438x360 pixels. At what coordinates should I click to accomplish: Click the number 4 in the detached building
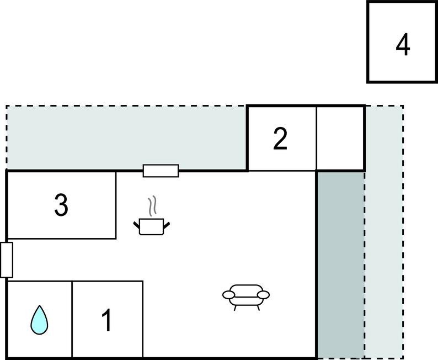pos(403,44)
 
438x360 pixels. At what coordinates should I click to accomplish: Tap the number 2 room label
pos(280,139)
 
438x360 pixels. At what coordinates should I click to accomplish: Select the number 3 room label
pos(61,205)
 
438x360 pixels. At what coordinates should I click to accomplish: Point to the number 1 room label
pos(107,320)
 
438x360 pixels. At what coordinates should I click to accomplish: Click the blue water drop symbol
pos(39,320)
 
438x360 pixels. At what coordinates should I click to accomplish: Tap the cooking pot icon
pos(151,226)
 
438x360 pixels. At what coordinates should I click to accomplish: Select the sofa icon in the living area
pos(246,297)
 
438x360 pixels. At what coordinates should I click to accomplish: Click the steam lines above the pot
pos(152,206)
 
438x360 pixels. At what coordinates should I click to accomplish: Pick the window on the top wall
pos(161,171)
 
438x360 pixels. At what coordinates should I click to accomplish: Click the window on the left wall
pos(7,260)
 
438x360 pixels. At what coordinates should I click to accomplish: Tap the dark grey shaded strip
pos(341,264)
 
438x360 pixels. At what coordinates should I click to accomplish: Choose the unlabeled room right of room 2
pos(340,139)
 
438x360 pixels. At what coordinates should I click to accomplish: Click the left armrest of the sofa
pos(229,295)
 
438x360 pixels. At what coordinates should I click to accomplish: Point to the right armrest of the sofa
pos(263,295)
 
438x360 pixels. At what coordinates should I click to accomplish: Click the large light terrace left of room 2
pos(126,137)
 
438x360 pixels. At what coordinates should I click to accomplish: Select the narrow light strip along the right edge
pos(384,232)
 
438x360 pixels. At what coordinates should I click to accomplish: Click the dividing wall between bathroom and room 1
pos(72,319)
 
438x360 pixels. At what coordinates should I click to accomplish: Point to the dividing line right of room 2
pos(317,139)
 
